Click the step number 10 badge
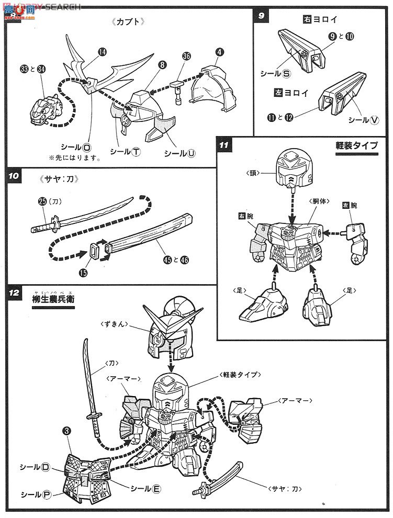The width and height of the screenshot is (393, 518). (14, 176)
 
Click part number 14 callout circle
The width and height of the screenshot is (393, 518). (102, 52)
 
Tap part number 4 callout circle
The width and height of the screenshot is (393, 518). (219, 51)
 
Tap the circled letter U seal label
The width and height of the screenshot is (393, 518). (192, 153)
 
